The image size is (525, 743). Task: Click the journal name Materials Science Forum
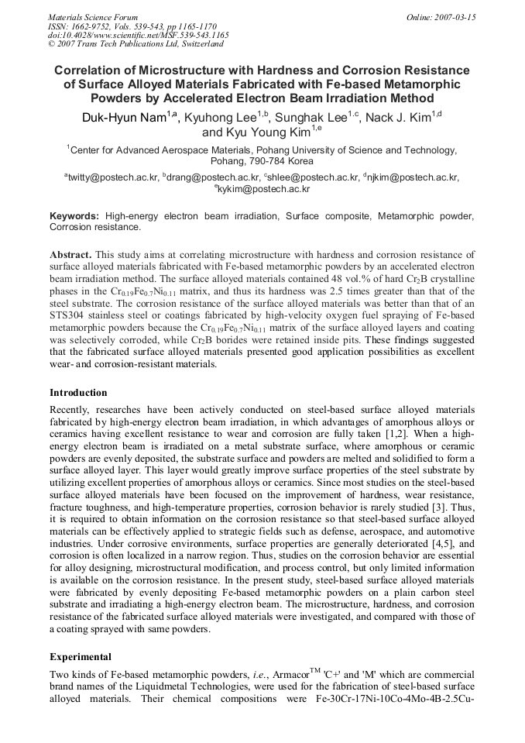(x=93, y=16)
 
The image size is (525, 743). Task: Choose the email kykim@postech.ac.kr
(x=262, y=189)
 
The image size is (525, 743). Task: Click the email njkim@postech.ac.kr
(x=414, y=178)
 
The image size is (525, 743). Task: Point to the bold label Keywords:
(x=74, y=217)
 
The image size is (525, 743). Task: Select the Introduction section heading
(x=78, y=393)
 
